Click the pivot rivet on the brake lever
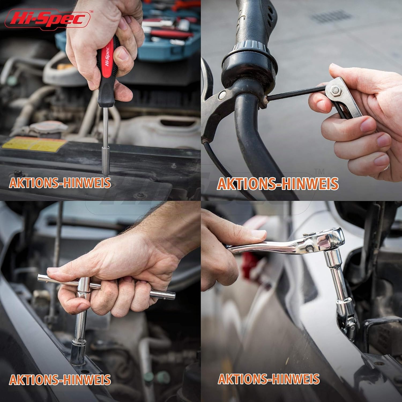(222, 95)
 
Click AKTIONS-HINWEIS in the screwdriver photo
(60, 183)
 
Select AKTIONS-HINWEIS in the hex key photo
(277, 184)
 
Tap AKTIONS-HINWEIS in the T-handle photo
(60, 379)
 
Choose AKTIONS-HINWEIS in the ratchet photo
(269, 379)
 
